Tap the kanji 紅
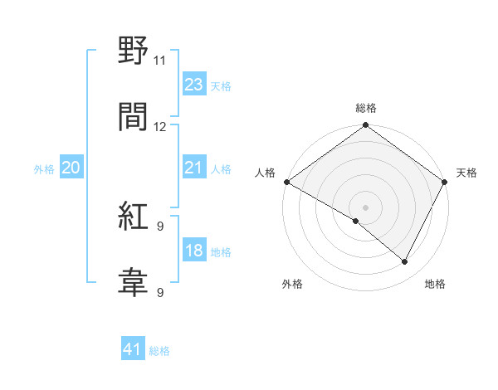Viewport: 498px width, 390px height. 133,217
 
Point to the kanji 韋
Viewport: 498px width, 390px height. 133,283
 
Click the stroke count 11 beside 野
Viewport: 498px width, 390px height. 160,61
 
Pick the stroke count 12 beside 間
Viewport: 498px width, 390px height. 160,127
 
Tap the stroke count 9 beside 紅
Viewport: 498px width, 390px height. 160,226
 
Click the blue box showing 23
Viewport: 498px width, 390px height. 193,85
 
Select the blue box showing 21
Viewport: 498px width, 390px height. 193,168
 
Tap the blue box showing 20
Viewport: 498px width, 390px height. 71,168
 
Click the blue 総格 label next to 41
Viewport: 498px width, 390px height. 159,351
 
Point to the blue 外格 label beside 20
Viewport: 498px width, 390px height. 44,169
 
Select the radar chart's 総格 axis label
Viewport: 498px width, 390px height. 366,108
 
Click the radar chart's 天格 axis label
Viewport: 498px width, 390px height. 466,173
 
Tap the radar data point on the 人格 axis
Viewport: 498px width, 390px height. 286,182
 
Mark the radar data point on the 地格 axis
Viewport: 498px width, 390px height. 405,261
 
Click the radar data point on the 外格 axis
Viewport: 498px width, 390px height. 356,221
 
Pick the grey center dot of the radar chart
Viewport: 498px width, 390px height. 366,207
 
